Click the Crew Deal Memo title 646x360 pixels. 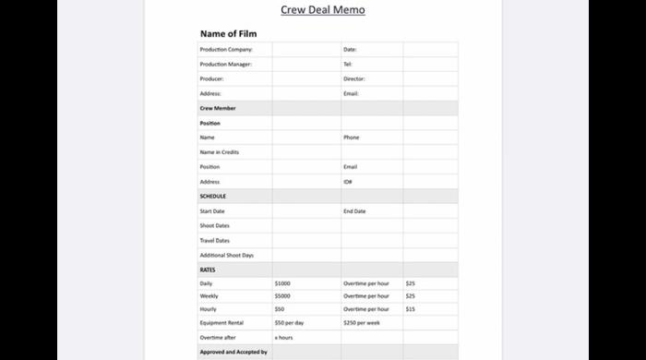coord(323,10)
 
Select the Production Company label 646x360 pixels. coord(225,50)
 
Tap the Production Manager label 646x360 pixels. coord(225,65)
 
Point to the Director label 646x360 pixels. coord(354,79)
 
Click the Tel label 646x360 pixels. coord(348,65)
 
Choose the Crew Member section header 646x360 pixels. coord(218,109)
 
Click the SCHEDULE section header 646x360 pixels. coord(213,197)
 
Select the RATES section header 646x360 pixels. coord(208,270)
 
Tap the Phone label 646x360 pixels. coord(352,138)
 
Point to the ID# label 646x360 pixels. coord(348,182)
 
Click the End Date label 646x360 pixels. coord(354,211)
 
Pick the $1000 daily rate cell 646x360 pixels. coord(282,283)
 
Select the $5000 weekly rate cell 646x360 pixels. coord(282,296)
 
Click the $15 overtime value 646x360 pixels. coord(411,309)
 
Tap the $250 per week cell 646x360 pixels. coord(361,323)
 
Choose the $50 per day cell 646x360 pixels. coord(289,323)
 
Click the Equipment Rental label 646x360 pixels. coord(221,323)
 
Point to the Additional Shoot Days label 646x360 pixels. coord(226,255)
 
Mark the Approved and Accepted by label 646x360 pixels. coord(233,352)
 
